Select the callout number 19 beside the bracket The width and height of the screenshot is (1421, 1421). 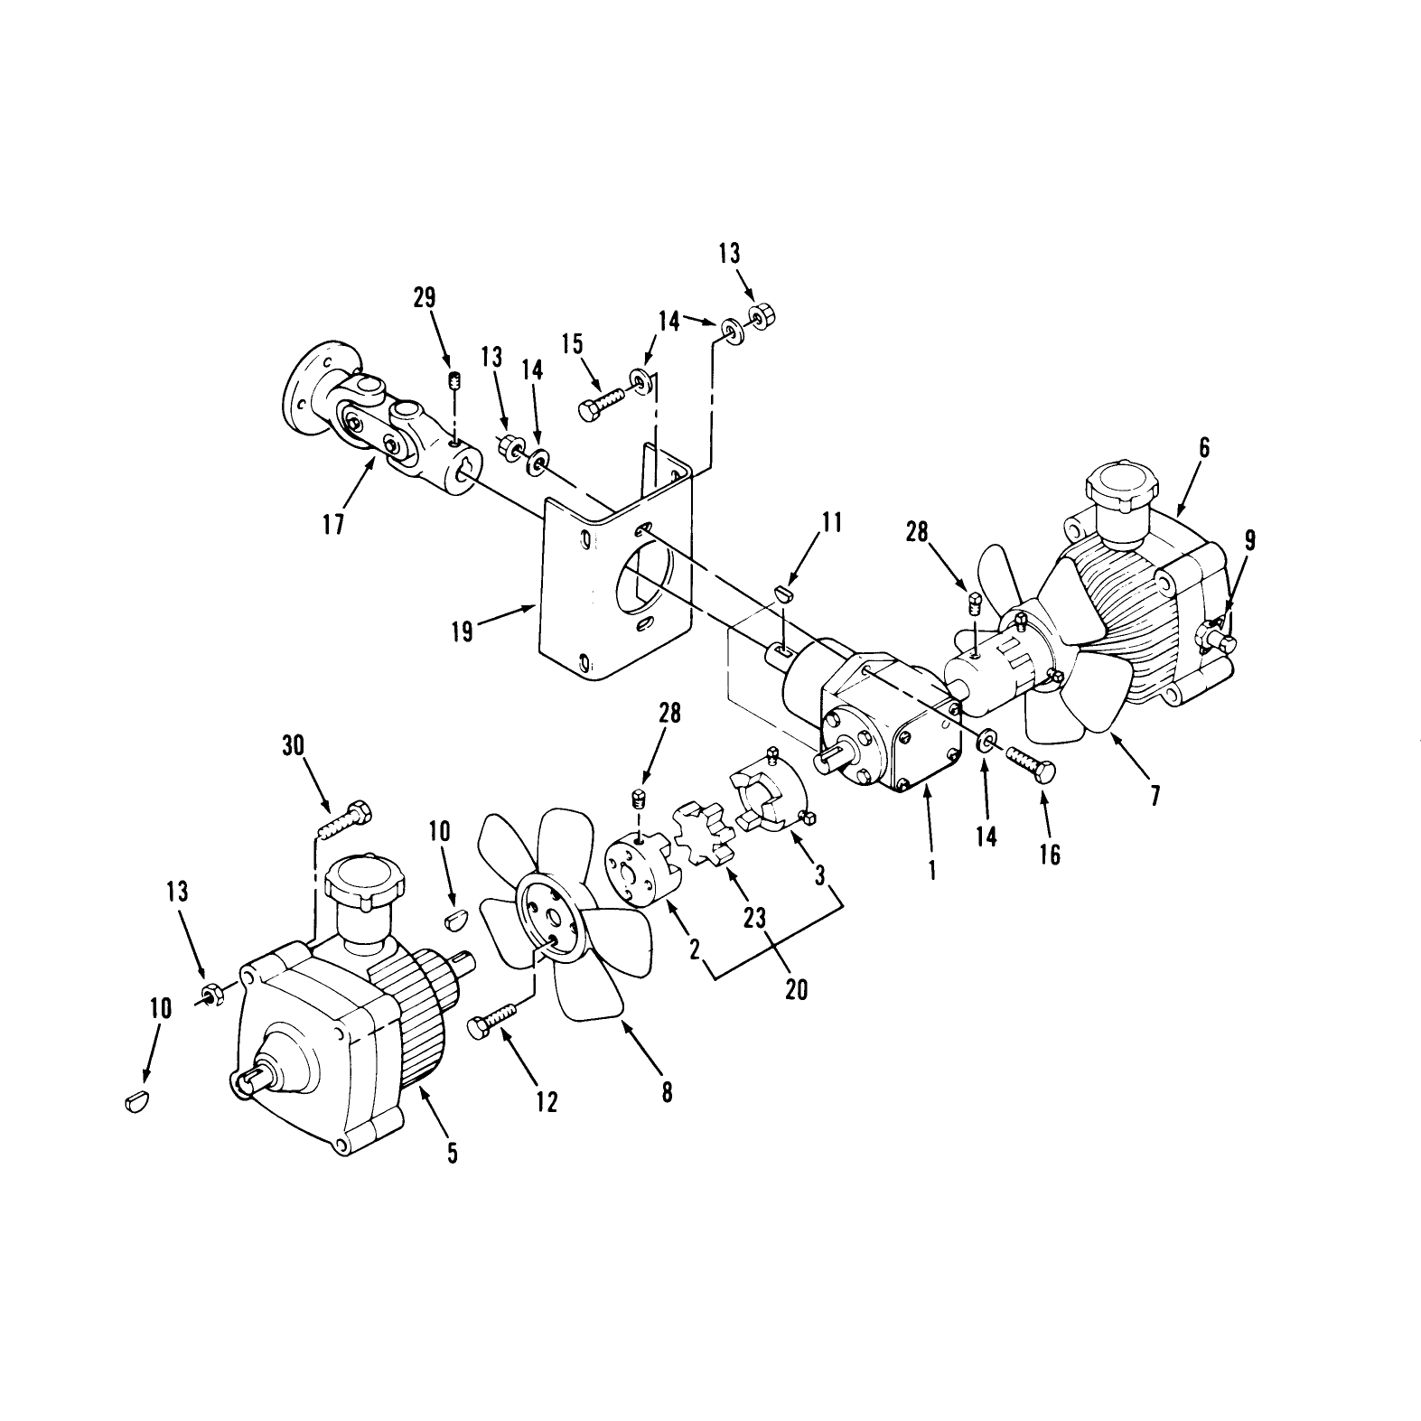coord(462,631)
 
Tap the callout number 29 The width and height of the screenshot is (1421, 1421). coord(425,298)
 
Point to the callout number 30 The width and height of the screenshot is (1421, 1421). coord(293,745)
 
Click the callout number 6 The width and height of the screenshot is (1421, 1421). coord(1204,447)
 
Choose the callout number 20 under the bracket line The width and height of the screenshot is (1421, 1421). coord(796,989)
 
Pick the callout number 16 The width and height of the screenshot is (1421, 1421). coord(1049,854)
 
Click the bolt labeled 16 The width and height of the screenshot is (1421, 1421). coord(1031,761)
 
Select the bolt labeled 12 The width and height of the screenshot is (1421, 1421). coord(495,1019)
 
